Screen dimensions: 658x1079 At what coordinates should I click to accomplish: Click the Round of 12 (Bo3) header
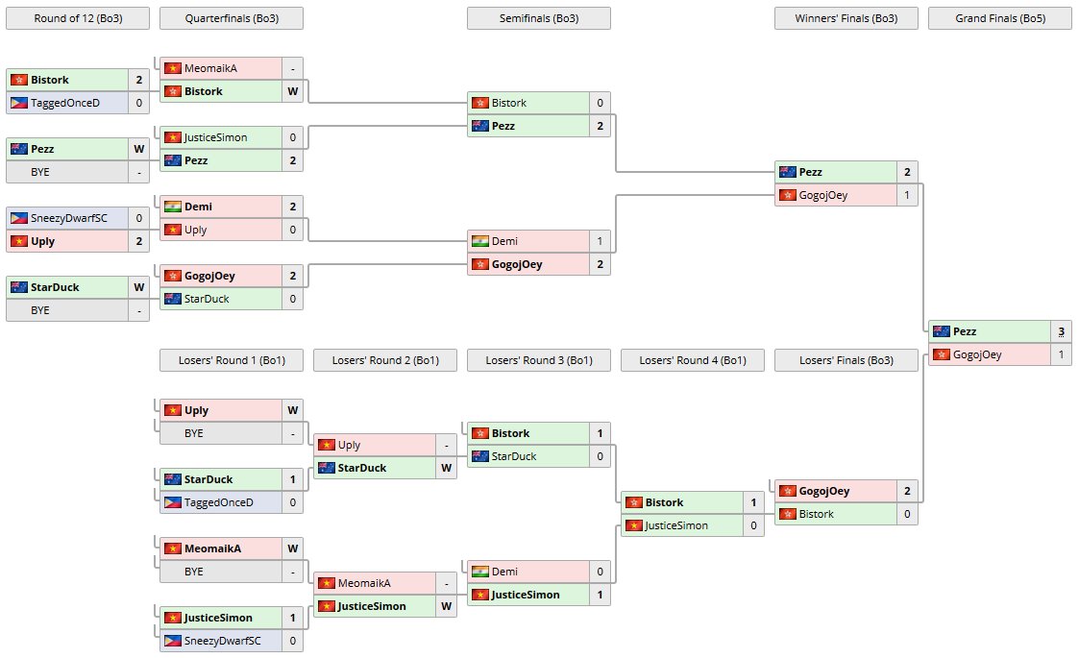(77, 18)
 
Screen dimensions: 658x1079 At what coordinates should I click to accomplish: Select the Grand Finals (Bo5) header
(999, 18)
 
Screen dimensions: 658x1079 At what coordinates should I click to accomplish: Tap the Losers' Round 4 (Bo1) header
(692, 360)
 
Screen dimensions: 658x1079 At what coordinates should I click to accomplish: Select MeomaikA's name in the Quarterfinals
(210, 68)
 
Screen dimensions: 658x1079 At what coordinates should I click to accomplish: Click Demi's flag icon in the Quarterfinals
(173, 207)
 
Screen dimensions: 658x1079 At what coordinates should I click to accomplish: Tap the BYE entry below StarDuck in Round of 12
(40, 310)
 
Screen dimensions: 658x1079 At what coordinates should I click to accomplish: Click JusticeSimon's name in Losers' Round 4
(676, 525)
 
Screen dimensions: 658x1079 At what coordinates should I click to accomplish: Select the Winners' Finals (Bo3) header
(846, 18)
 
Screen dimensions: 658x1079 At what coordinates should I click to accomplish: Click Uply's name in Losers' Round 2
(349, 445)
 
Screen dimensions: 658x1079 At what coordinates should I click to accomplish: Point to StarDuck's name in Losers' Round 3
(514, 456)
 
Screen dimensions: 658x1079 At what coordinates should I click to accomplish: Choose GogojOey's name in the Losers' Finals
(824, 491)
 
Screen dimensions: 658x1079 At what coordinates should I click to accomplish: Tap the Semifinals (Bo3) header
(538, 18)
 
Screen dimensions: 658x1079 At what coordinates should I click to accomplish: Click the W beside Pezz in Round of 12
(138, 149)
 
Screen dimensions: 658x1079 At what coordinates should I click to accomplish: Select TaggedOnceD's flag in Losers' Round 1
(173, 502)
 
